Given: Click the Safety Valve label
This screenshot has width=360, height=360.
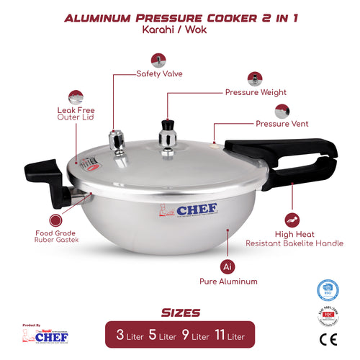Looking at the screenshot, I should [159, 73].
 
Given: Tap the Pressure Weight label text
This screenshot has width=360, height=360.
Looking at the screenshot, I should [256, 92].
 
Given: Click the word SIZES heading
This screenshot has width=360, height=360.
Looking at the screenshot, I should [180, 312].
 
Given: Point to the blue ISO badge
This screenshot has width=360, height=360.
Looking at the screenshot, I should [328, 290].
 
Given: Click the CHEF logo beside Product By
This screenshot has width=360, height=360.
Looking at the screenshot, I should [50, 335].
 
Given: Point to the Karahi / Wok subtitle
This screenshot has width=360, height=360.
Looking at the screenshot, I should [180, 32].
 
